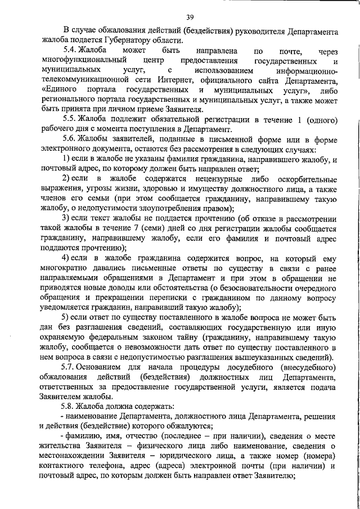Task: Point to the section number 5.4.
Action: [x=71, y=51]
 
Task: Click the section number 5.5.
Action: [x=71, y=120]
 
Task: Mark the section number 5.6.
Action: [x=71, y=140]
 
